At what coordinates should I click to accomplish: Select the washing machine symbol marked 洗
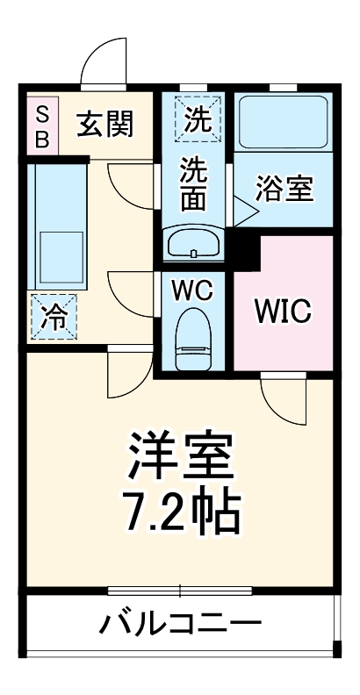(196, 118)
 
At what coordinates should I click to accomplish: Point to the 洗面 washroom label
(194, 184)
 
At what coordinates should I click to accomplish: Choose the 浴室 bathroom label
(284, 189)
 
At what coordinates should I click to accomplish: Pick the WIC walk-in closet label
(283, 311)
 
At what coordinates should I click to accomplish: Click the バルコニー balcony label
(180, 625)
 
